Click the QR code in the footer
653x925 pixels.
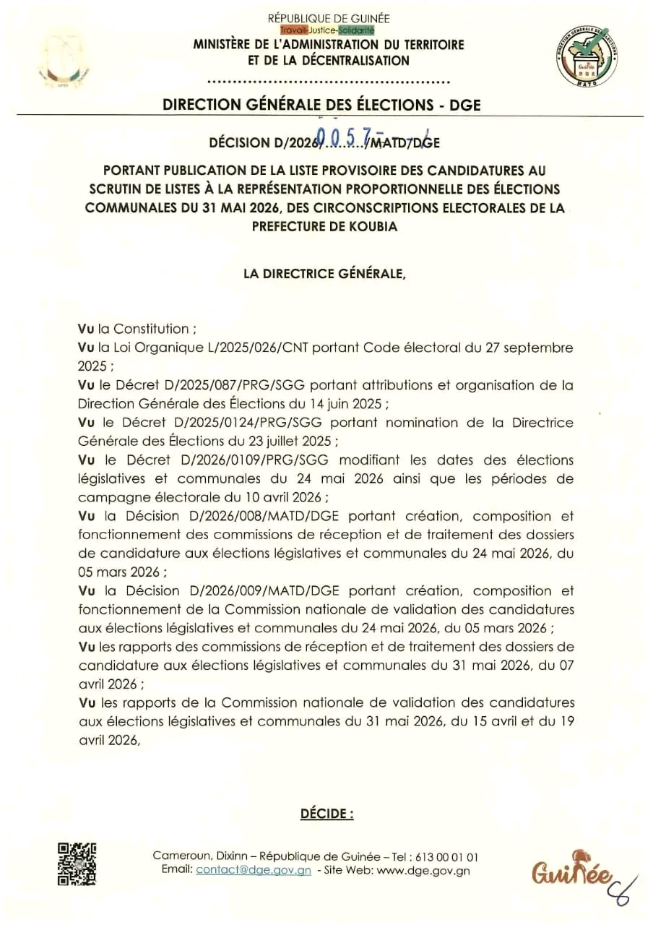[77, 864]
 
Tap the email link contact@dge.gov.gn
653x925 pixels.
[254, 870]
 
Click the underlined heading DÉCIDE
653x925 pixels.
[326, 814]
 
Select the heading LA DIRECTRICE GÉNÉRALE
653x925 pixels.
[326, 275]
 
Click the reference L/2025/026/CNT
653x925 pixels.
[242, 348]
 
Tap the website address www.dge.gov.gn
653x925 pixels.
[423, 870]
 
